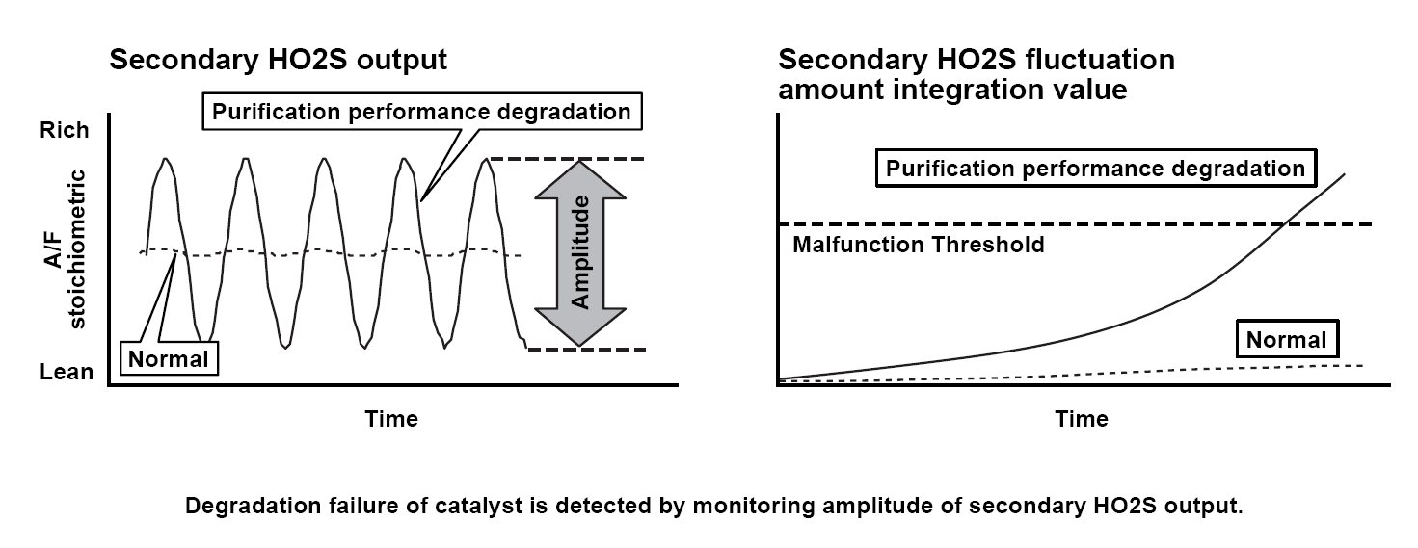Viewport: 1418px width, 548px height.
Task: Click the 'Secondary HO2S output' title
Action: [278, 61]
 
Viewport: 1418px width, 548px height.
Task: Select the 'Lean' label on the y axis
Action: [67, 372]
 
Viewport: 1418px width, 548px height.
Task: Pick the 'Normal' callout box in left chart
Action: [169, 360]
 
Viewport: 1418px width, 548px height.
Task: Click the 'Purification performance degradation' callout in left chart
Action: [421, 112]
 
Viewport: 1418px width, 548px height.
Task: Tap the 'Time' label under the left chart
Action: [391, 419]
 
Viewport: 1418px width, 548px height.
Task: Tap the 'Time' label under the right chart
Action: [1082, 419]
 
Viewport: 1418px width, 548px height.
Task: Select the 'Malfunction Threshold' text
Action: [918, 245]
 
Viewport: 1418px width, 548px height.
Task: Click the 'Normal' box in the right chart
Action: [1286, 340]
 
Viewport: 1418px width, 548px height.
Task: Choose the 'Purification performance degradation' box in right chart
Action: [1094, 169]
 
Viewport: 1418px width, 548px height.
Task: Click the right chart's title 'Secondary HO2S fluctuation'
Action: [977, 61]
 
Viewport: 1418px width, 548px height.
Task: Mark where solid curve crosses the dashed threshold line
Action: [1286, 224]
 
